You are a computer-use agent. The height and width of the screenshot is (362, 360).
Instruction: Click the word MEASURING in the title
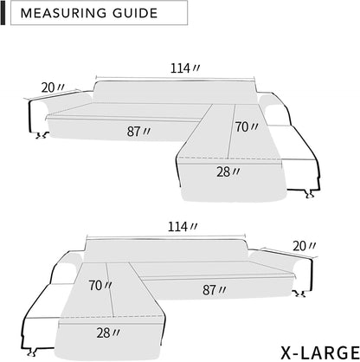pyautogui.click(x=62, y=14)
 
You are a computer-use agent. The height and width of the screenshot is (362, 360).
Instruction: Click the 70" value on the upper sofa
pyautogui.click(x=247, y=126)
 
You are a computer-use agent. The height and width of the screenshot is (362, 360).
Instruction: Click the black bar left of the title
pyautogui.click(x=3, y=14)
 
